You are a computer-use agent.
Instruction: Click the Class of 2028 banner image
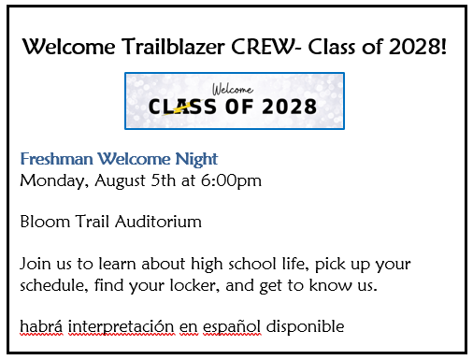click(x=235, y=100)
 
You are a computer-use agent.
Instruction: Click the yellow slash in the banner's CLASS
click(x=193, y=106)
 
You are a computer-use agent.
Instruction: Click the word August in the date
click(x=119, y=180)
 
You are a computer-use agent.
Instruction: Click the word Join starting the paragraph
click(x=36, y=265)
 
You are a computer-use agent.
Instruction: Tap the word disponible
click(x=306, y=326)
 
